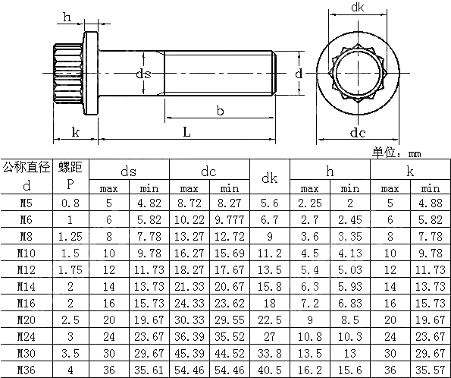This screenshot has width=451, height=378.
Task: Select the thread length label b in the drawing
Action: coord(220,111)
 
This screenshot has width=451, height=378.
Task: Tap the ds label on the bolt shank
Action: coord(143,74)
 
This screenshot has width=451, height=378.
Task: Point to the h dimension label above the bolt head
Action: coord(67,17)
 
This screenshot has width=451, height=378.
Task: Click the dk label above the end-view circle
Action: coord(359,8)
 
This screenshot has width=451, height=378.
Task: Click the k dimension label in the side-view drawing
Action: coord(76,133)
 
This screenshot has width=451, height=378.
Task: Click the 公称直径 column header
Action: coord(27,166)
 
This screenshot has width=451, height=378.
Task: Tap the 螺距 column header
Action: coord(70,166)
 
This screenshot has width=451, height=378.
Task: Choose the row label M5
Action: coord(27,203)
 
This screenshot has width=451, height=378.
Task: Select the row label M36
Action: coord(27,370)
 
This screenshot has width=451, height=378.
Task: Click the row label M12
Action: coord(27,269)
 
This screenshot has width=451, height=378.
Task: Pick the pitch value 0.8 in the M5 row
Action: coord(70,203)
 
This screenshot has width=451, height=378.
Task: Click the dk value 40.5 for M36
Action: coord(270,370)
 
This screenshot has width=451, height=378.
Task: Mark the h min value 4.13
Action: coord(349,253)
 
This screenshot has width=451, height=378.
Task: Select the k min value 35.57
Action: coord(430,370)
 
